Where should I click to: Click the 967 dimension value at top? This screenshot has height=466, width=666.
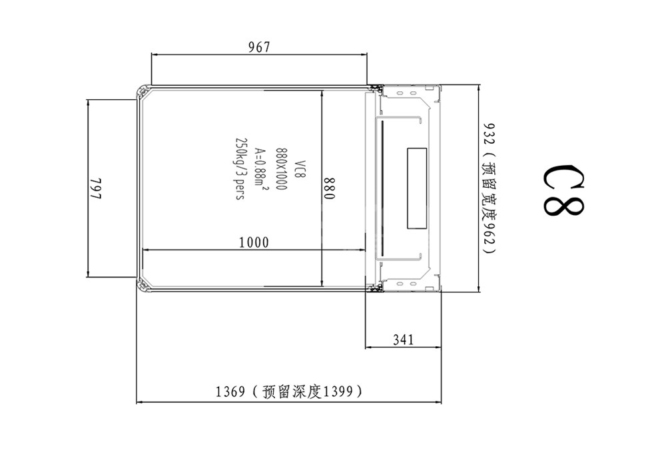tap(259, 47)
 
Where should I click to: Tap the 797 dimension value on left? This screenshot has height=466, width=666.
tap(96, 188)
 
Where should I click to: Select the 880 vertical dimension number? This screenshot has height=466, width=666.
tap(330, 188)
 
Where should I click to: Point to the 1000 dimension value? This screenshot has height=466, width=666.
tap(254, 242)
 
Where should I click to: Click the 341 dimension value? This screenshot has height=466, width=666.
tap(403, 340)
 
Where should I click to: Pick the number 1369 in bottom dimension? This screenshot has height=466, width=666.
tap(230, 391)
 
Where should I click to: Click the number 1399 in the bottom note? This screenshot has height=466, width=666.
tap(338, 391)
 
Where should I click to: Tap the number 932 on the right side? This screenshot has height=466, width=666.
tap(490, 134)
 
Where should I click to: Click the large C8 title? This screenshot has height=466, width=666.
tap(563, 190)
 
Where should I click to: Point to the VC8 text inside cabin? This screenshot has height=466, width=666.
tap(300, 169)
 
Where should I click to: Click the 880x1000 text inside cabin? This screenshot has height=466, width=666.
tap(281, 169)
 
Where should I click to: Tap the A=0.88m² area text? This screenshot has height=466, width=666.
tap(260, 168)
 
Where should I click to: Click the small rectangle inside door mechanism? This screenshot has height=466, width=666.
tap(417, 188)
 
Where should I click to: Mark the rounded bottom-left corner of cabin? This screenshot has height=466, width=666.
tap(142, 285)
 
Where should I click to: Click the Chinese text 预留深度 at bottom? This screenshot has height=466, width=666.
tap(292, 391)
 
